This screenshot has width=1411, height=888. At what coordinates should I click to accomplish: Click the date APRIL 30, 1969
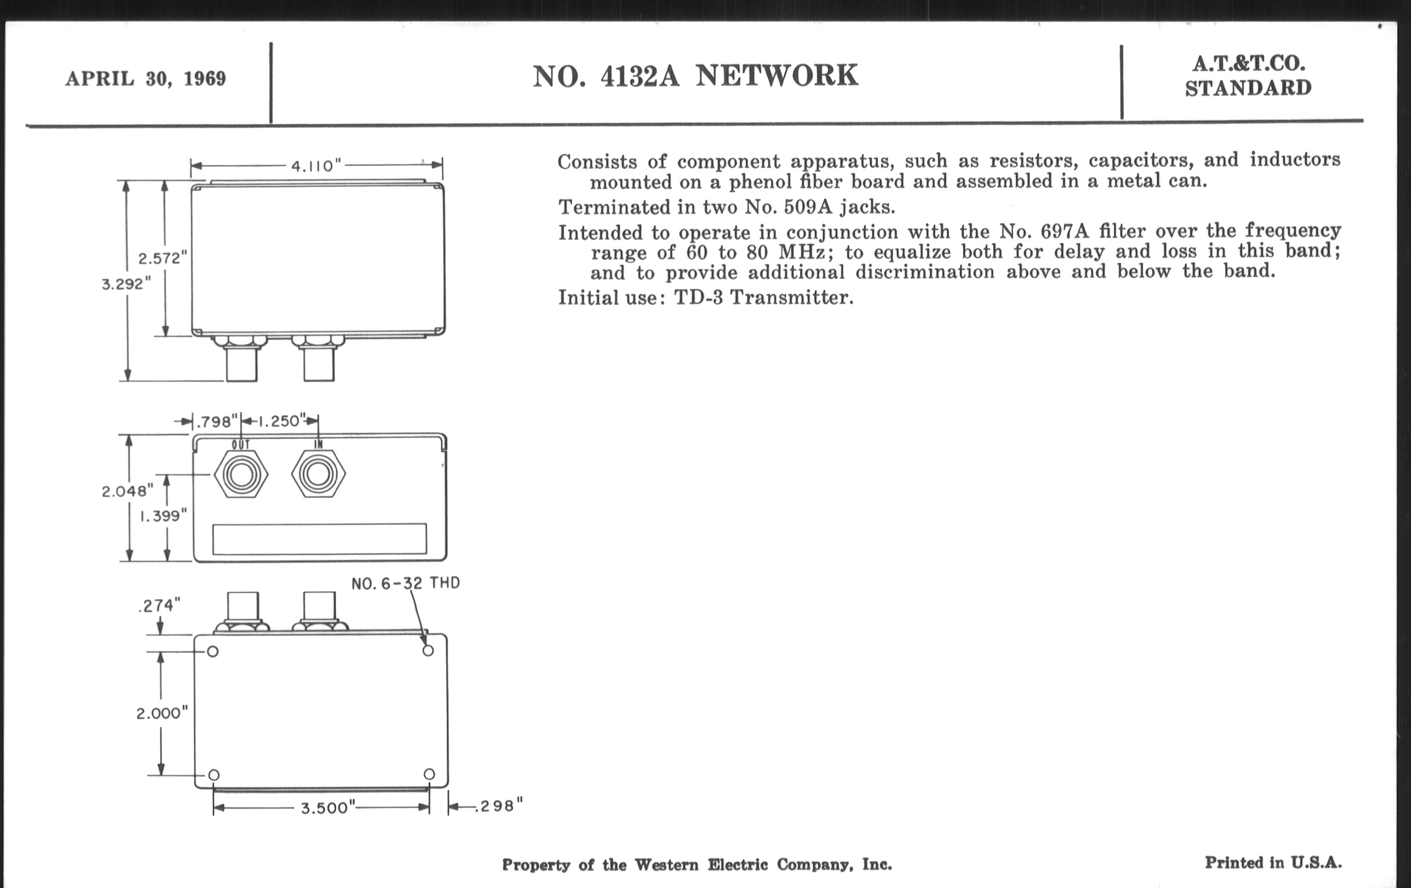[x=145, y=78]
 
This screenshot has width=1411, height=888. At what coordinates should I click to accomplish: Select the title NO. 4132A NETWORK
[x=695, y=76]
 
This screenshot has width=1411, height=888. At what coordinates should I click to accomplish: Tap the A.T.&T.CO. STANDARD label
[x=1247, y=76]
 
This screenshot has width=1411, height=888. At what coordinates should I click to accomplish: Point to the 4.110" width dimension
[x=316, y=166]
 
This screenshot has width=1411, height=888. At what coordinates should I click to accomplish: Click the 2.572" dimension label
[x=162, y=258]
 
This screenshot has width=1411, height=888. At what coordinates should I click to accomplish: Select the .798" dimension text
[x=216, y=421]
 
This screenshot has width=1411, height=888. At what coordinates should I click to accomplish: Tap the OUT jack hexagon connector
[x=241, y=474]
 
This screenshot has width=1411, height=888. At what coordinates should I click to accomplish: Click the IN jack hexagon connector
[x=318, y=474]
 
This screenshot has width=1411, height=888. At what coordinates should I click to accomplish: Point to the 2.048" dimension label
[x=127, y=491]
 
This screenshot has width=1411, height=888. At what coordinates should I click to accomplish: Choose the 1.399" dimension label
[x=162, y=516]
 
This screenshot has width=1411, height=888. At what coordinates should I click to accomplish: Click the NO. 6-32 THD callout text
[x=406, y=583]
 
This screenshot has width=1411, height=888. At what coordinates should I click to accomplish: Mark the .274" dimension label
[x=160, y=605]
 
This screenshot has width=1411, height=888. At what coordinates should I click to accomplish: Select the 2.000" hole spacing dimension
[x=162, y=713]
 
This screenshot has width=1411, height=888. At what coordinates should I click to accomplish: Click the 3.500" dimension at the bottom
[x=328, y=808]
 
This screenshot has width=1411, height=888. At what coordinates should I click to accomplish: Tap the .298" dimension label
[x=498, y=807]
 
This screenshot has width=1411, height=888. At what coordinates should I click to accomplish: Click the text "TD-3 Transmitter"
[x=764, y=298]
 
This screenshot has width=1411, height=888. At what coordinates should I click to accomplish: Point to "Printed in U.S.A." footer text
[x=1273, y=863]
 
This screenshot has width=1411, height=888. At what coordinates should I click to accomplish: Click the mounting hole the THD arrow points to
[x=428, y=651]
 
